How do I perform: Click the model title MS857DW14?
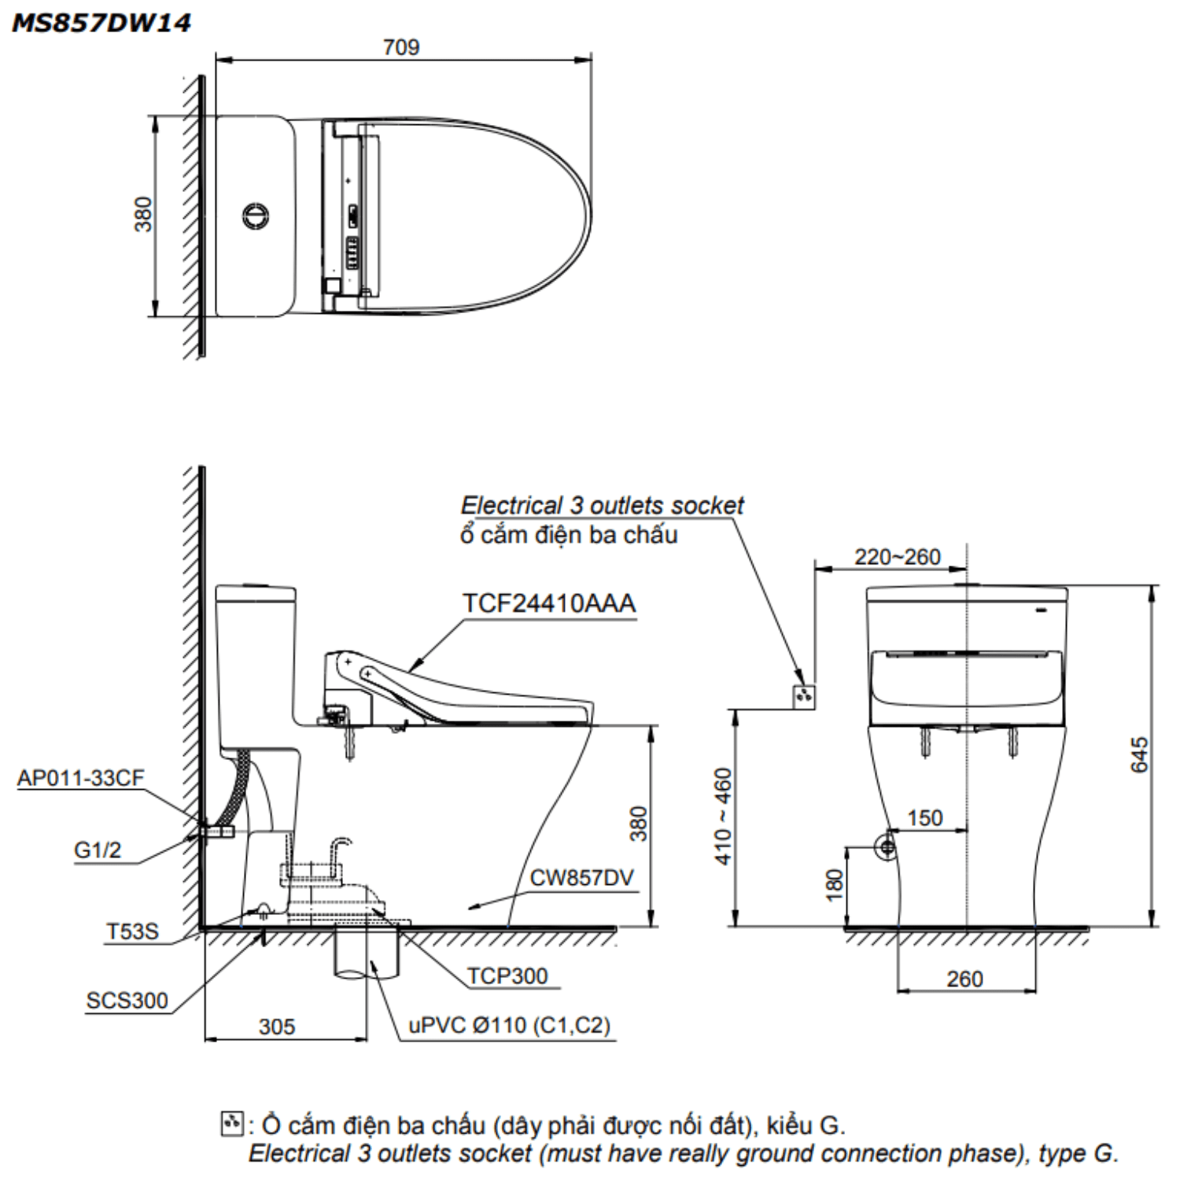(101, 23)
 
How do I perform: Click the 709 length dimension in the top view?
(401, 47)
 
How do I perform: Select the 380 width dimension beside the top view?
(142, 214)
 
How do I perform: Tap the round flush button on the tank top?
(256, 215)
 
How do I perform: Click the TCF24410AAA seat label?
(548, 603)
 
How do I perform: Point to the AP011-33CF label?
(81, 778)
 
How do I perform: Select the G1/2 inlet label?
(98, 850)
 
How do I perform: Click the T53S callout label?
(132, 931)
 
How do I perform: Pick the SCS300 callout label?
(127, 1001)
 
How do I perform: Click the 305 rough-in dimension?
(277, 1027)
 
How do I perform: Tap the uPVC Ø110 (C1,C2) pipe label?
(509, 1025)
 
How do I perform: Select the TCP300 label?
(507, 975)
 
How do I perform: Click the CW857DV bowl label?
(581, 878)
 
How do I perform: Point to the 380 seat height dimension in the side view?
(639, 824)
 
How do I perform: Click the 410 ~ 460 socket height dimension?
(723, 816)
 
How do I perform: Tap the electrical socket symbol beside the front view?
(803, 695)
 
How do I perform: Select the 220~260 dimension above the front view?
(898, 557)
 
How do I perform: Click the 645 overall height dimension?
(1139, 754)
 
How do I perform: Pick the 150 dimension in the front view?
(924, 818)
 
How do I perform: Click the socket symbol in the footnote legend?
(231, 1123)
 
